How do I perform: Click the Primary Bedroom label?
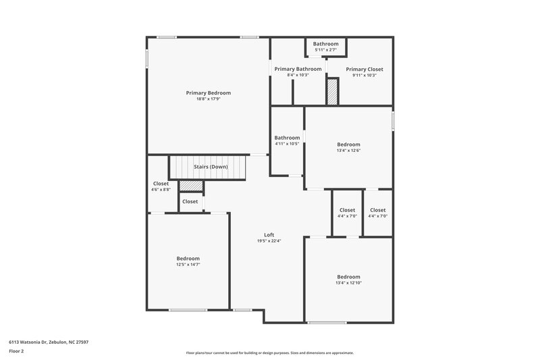[209, 93]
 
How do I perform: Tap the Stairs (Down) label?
[211, 167]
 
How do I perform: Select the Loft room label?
[269, 235]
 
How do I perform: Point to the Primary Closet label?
[364, 69]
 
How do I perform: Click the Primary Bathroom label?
[298, 69]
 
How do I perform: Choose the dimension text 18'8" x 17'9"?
[209, 99]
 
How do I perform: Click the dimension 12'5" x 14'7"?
[188, 265]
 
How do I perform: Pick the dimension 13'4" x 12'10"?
[349, 283]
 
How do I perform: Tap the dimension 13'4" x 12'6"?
[349, 150]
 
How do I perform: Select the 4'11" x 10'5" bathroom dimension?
[287, 144]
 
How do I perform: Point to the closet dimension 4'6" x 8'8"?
[161, 190]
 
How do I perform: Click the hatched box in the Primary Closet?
[331, 91]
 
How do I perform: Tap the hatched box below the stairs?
[190, 185]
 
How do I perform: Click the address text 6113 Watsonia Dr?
[49, 342]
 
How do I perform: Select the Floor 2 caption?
[16, 351]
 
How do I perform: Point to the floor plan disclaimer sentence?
[269, 353]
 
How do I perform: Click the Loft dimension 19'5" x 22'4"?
[269, 241]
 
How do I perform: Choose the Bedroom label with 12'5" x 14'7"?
[188, 259]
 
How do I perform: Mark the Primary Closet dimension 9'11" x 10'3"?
[364, 75]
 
